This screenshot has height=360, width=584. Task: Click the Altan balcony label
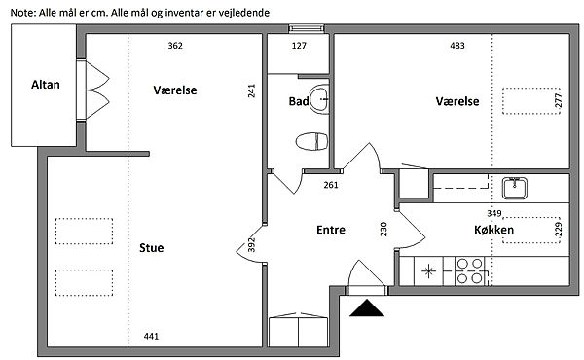(46, 85)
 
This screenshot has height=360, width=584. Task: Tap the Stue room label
(151, 248)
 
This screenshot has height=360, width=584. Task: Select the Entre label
(331, 230)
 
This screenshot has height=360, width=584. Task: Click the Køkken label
(493, 230)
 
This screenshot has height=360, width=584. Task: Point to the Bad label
(299, 101)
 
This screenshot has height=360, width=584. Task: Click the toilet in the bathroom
(312, 141)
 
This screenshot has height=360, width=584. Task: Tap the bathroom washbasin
(319, 99)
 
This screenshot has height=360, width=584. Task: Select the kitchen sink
(514, 189)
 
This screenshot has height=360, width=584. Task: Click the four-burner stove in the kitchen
(470, 271)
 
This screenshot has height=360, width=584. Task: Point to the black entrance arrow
(367, 307)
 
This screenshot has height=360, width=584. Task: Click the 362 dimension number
(175, 46)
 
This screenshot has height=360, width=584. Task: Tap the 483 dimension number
(457, 46)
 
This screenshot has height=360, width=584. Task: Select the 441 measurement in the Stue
(151, 337)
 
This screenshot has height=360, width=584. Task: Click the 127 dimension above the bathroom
(299, 46)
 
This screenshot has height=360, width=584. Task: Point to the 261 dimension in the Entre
(331, 185)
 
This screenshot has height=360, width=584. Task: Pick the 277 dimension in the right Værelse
(558, 101)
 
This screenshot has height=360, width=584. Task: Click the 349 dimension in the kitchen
(494, 214)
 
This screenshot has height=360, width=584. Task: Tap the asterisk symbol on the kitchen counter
(428, 271)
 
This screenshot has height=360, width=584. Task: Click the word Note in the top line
(22, 13)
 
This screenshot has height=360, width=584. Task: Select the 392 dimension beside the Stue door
(251, 245)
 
